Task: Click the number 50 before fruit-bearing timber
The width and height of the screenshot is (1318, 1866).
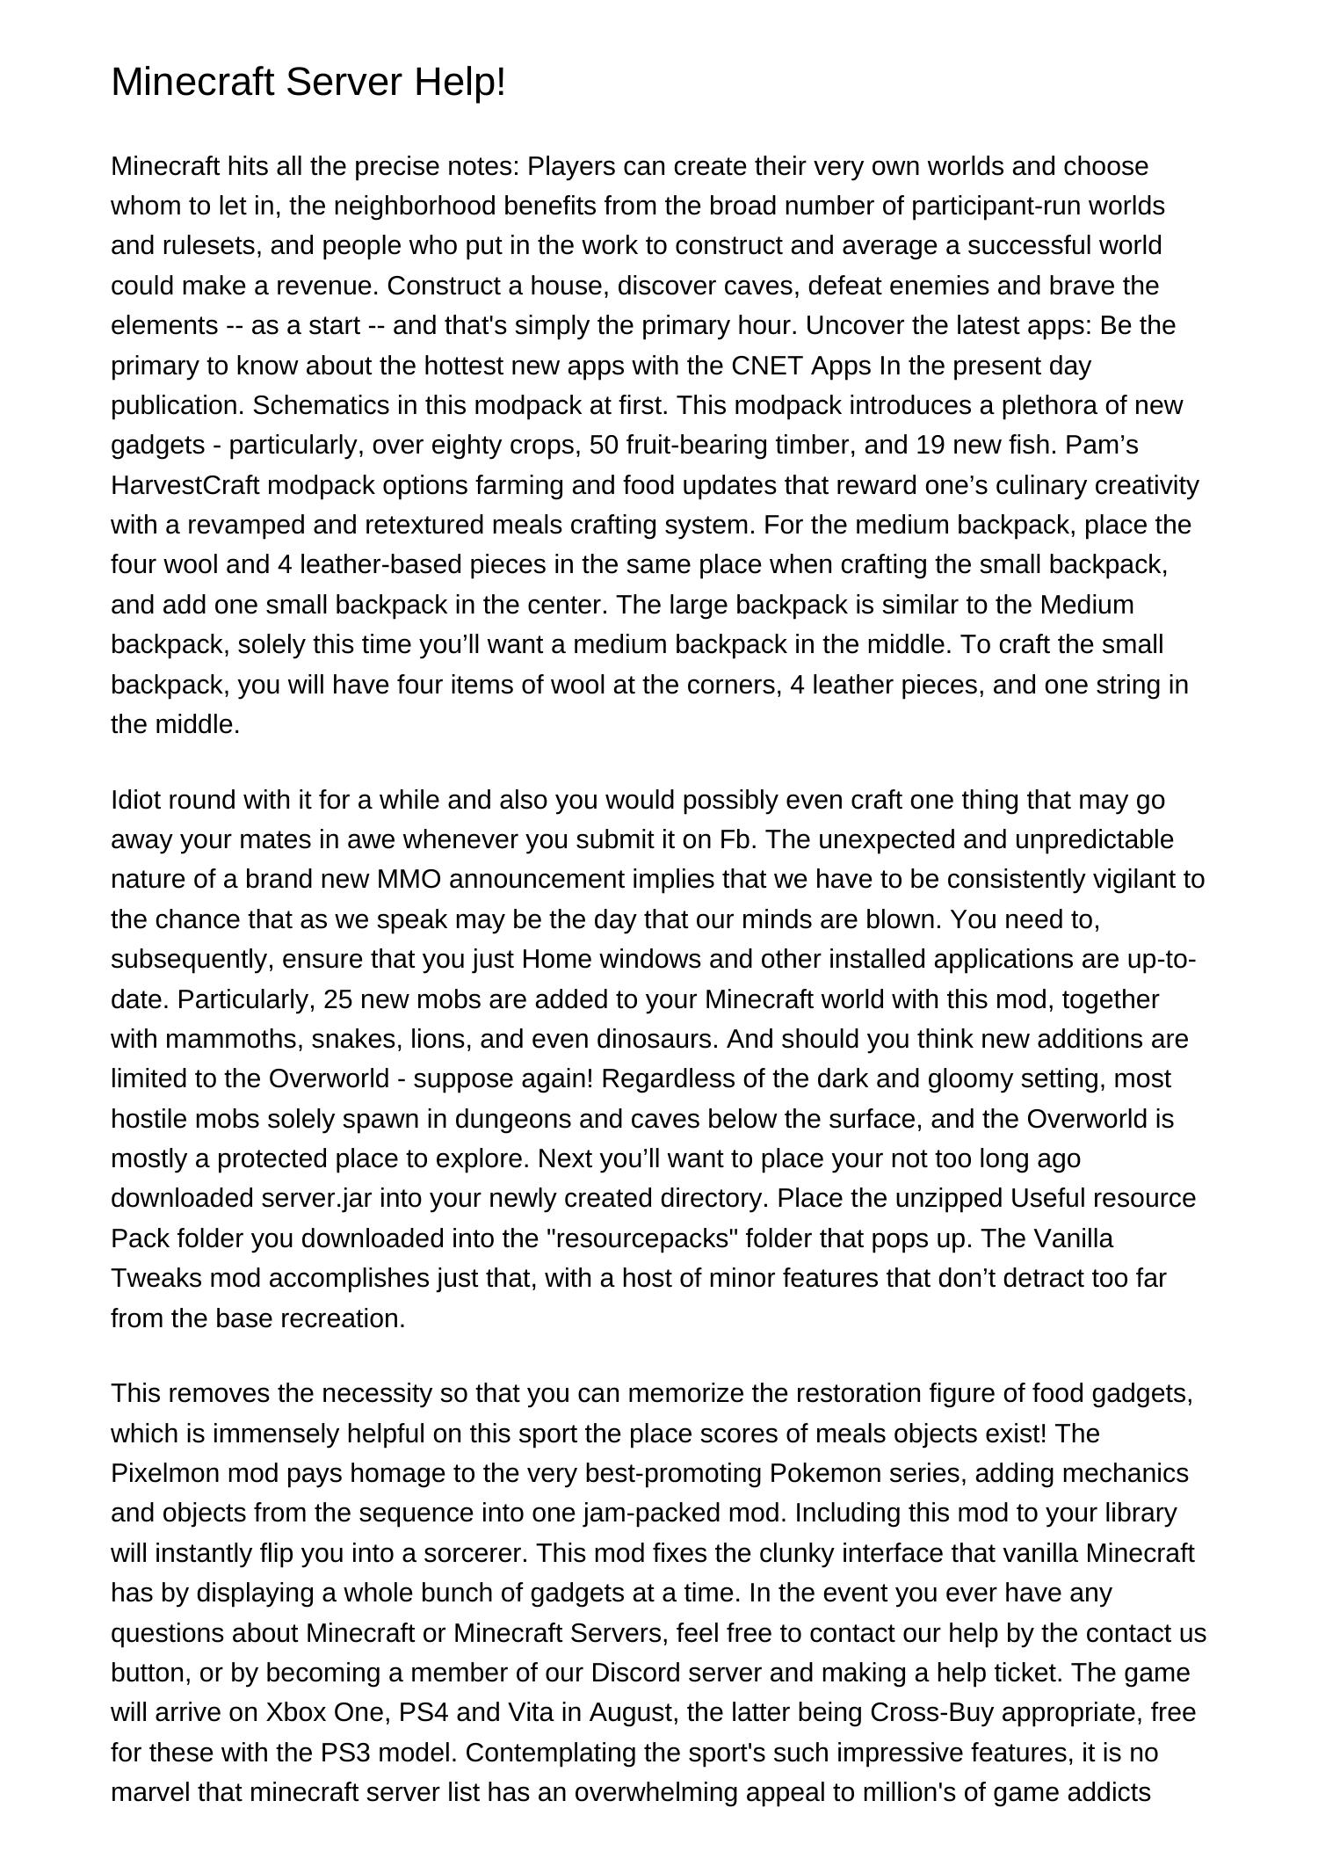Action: click(x=605, y=446)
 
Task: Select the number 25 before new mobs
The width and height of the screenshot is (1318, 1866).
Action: click(x=339, y=999)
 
